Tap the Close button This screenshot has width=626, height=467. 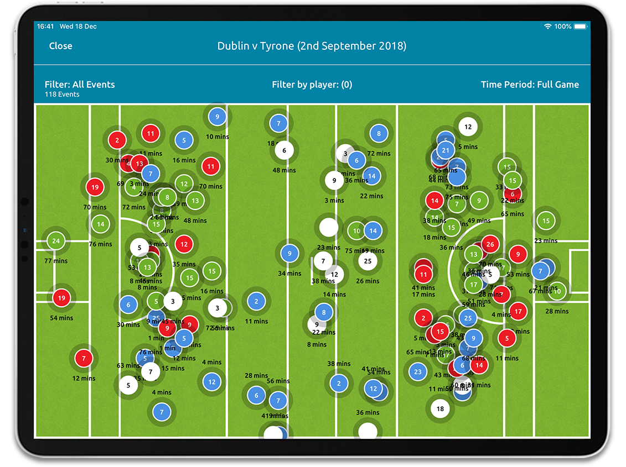pos(60,46)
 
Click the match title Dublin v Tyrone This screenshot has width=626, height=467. pos(312,46)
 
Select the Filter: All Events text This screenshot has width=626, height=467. pos(80,85)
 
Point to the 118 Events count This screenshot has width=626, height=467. pos(62,95)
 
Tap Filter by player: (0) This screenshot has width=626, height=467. pos(312,85)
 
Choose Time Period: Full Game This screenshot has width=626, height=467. pos(529,85)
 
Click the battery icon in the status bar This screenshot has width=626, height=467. pos(580,27)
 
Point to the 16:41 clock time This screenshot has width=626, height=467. pos(45,27)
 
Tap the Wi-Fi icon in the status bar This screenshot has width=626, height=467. pos(547,27)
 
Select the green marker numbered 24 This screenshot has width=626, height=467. pos(56,241)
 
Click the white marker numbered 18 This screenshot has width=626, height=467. pos(440,409)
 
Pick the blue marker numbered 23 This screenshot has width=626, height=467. pos(418,372)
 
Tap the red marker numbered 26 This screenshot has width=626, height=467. pos(490,244)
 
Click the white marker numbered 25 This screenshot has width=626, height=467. pos(368,261)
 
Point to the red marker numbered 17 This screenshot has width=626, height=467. pos(518,312)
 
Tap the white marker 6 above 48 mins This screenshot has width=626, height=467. pos(284,150)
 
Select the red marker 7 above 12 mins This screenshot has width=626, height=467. pos(84,359)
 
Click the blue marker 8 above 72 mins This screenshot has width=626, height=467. pos(379,133)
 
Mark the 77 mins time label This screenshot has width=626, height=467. pos(56,261)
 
